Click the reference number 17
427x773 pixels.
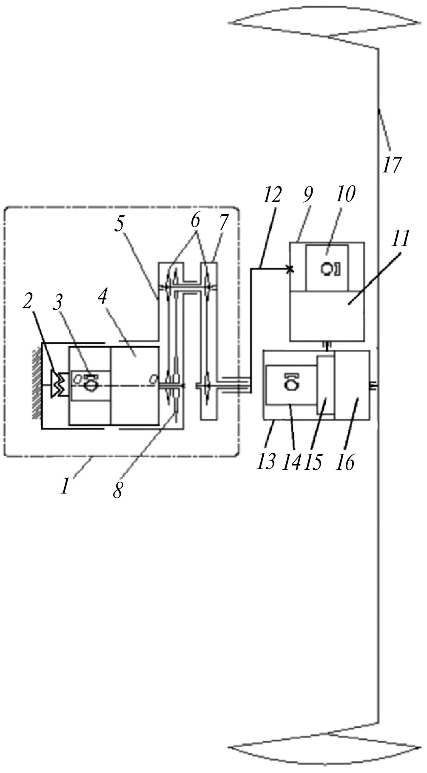coord(391,165)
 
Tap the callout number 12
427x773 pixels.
coord(272,195)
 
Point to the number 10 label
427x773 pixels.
coord(345,194)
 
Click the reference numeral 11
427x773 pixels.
coord(400,239)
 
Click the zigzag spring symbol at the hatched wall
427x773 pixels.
coord(57,384)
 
